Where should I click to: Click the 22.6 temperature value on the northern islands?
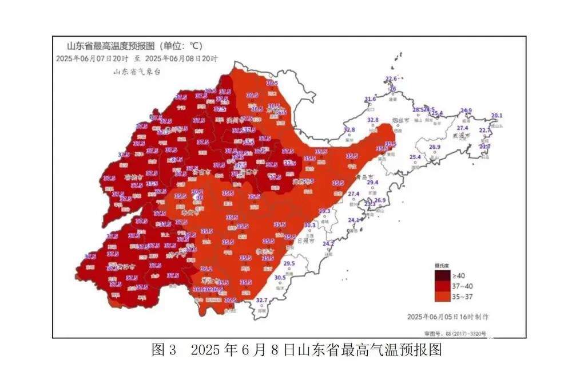point(391,79)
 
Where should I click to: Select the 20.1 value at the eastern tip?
point(497,116)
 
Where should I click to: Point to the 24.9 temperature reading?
point(467,110)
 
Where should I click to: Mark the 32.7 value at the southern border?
point(261,300)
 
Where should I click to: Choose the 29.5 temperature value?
point(289,263)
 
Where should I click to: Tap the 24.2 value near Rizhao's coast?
point(328,244)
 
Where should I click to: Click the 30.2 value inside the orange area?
point(197,192)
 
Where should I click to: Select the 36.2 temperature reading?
point(206,269)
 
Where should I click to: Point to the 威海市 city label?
point(459,136)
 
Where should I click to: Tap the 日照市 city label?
point(307,241)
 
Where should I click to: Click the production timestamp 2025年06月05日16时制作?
point(448,317)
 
